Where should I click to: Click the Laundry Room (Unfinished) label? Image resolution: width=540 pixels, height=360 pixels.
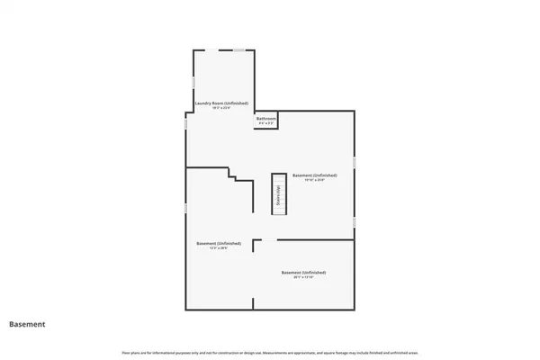221,103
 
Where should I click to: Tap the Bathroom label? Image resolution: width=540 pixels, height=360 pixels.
265,118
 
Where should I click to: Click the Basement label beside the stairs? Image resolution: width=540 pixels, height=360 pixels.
315,175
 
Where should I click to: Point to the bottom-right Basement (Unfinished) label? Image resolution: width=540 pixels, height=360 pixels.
303,272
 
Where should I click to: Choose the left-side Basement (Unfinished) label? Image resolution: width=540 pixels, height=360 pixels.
219,243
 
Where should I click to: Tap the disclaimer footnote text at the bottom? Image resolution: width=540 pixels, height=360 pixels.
270,350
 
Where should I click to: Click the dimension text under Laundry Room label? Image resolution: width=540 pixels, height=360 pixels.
221,108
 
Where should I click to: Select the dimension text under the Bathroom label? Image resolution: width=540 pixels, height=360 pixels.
265,123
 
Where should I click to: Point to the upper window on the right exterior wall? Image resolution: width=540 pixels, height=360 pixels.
355,161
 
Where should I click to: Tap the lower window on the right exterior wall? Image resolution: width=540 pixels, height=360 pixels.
355,220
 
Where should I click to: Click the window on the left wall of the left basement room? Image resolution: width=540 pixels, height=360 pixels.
186,208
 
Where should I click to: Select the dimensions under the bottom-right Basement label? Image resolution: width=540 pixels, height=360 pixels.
303,277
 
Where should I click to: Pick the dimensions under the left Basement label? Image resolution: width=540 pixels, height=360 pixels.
219,249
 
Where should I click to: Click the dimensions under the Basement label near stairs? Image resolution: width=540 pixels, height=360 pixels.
315,180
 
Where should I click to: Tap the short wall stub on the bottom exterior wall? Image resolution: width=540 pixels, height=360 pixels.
253,306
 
